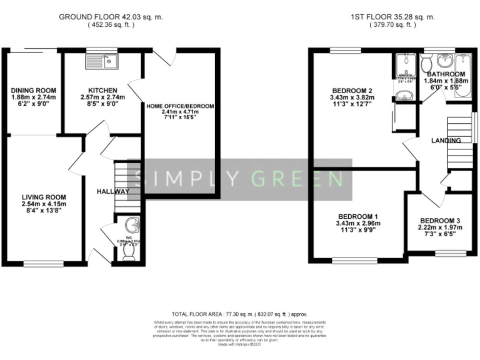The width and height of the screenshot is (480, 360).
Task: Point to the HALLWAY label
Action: tap(113, 191)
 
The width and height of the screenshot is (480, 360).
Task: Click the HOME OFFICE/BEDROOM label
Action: tap(180, 107)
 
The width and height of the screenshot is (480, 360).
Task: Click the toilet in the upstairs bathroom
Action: tap(426, 64)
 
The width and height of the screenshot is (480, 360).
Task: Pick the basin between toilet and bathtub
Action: tap(445, 61)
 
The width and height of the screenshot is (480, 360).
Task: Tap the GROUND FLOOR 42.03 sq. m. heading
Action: tap(111, 17)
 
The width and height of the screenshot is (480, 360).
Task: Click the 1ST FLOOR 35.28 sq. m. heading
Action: tap(384, 17)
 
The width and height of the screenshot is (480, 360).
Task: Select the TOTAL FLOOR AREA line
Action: tap(239, 314)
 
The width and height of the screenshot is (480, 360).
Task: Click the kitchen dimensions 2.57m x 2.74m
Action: tap(103, 97)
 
